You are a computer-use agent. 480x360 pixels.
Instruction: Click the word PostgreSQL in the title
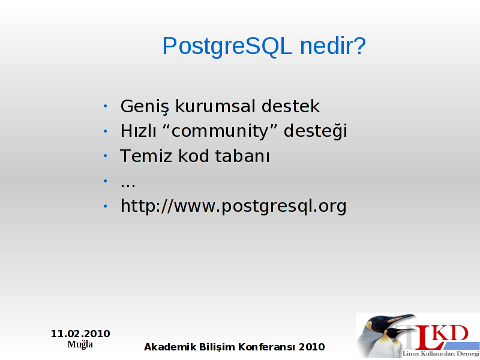pyautogui.click(x=227, y=46)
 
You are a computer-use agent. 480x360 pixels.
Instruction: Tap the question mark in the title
pyautogui.click(x=360, y=46)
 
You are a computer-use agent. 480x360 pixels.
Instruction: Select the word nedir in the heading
pyautogui.click(x=326, y=46)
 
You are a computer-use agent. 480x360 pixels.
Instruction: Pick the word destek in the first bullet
pyautogui.click(x=291, y=106)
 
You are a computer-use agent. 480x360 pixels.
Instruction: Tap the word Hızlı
pyautogui.click(x=139, y=131)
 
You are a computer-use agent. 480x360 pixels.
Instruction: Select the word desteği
pyautogui.click(x=316, y=131)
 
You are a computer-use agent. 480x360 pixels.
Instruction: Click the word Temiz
pyautogui.click(x=146, y=156)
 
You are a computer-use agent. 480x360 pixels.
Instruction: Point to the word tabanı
pyautogui.click(x=242, y=156)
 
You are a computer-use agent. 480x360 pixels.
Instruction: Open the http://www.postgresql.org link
pyautogui.click(x=233, y=206)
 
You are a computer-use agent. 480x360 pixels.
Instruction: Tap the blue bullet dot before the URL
pyautogui.click(x=106, y=206)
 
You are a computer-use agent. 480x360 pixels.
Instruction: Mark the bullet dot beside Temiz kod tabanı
pyautogui.click(x=106, y=156)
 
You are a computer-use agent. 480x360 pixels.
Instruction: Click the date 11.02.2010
pyautogui.click(x=80, y=334)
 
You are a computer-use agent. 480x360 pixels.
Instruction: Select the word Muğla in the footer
pyautogui.click(x=80, y=344)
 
